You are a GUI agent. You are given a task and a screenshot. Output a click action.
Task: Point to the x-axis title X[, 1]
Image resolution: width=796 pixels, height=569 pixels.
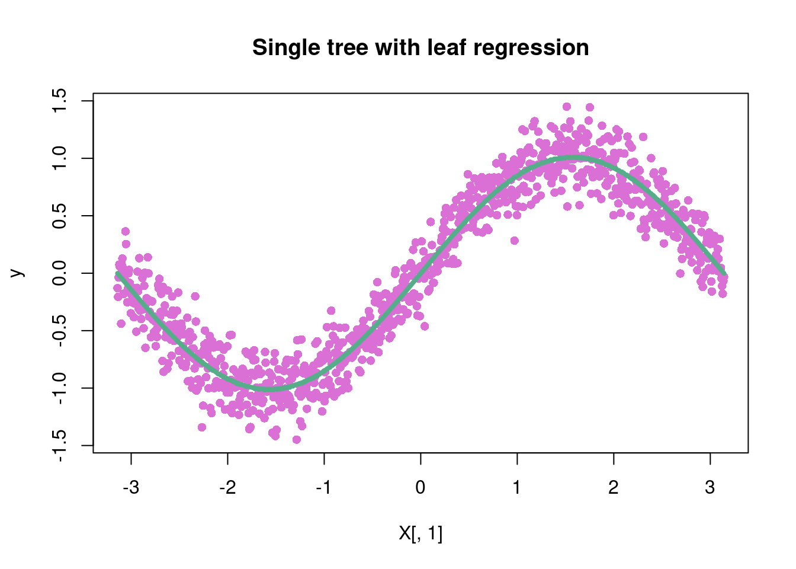pos(421,534)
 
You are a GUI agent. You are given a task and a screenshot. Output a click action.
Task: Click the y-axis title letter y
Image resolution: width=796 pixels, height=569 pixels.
pos(18,273)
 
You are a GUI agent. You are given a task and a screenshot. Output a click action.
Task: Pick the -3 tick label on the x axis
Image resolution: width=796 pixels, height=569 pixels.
pos(130,488)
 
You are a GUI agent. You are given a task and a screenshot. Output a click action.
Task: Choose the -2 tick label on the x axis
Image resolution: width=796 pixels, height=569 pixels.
pos(227,488)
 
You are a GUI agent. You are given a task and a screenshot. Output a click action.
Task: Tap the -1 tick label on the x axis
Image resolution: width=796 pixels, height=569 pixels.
pos(323,488)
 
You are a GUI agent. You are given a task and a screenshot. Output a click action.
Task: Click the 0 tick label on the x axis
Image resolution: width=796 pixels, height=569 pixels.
pos(421,488)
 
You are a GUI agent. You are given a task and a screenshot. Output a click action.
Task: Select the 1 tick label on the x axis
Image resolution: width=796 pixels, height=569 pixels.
pos(517,488)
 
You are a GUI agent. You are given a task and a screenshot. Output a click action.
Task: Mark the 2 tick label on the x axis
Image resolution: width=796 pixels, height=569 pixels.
pos(614,488)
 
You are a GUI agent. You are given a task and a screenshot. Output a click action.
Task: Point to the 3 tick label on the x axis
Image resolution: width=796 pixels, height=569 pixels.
pos(710,488)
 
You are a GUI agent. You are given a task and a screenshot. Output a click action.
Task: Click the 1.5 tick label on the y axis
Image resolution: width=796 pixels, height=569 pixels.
pos(60,101)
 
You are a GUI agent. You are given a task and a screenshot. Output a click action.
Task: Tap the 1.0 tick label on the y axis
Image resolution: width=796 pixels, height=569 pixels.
pos(60,158)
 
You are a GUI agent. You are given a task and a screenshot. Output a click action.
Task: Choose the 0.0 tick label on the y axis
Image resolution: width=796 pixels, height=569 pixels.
pos(60,273)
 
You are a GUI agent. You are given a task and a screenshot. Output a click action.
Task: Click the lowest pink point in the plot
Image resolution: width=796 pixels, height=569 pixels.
pos(297,439)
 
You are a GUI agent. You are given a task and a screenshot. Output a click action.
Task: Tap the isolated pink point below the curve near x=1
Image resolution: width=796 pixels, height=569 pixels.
pos(514,241)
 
